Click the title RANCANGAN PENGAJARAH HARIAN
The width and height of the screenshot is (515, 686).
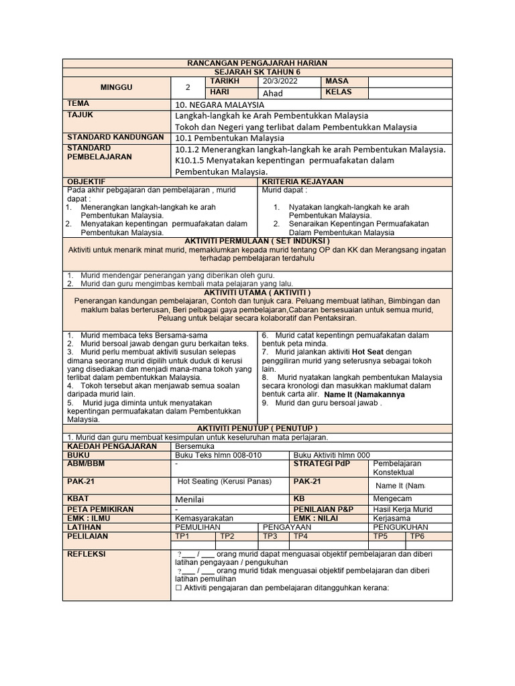coord(257,63)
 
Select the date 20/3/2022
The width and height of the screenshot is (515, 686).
coord(280,81)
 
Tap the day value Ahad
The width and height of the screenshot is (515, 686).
coord(274,93)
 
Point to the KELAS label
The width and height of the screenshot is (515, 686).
coord(338,92)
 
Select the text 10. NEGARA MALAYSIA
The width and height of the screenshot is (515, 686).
coord(219,105)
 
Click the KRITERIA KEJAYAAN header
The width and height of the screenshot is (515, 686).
coord(302,182)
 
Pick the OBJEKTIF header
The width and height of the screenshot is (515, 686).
coord(87,182)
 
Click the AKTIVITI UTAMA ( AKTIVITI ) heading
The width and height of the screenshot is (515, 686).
coord(257,293)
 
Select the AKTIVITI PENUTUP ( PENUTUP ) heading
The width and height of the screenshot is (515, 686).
coord(257,428)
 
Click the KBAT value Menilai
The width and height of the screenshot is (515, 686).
coord(189,499)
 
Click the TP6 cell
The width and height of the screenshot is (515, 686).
coord(417,536)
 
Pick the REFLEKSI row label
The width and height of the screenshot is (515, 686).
coord(87,554)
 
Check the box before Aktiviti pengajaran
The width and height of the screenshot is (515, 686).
coord(178,588)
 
